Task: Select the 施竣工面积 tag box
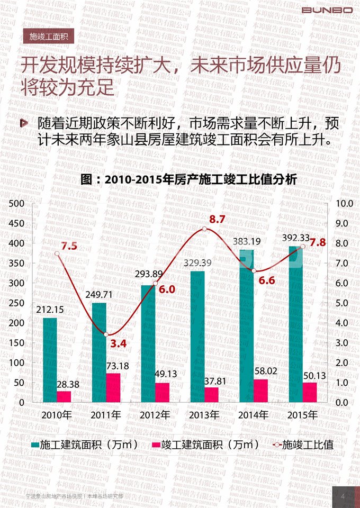[48, 37]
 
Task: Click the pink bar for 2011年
[113, 387]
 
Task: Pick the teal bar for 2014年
[247, 325]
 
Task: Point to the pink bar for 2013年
[211, 395]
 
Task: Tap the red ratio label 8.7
[218, 219]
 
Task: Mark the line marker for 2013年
[204, 229]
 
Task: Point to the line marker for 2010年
[57, 253]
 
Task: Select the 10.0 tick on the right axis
[345, 204]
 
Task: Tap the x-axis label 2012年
[155, 414]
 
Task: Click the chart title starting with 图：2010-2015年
[189, 179]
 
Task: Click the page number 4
[343, 496]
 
